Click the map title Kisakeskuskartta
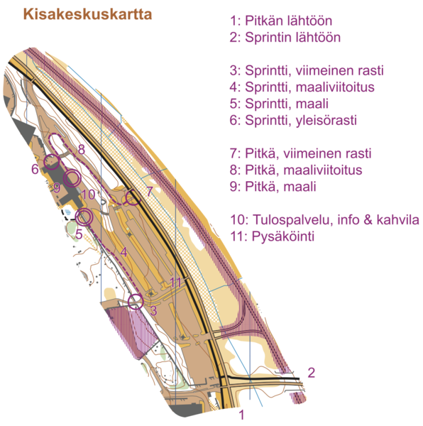tap(87, 14)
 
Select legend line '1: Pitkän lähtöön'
tap(281, 21)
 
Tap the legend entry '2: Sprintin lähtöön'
tap(285, 37)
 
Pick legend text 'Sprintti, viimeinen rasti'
tap(314, 70)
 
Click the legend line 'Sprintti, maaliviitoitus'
tap(309, 87)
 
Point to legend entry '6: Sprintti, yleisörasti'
tap(293, 120)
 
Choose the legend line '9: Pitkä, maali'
tap(273, 187)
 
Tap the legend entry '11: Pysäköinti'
tap(273, 236)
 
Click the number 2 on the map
tap(311, 373)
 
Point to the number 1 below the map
tap(241, 415)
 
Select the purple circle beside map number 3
tap(136, 301)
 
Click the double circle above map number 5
tap(84, 217)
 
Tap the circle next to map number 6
tap(52, 162)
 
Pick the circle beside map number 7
tap(133, 197)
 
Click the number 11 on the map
tap(175, 283)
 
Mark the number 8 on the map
tap(81, 149)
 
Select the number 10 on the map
tap(88, 195)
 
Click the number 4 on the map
tap(123, 252)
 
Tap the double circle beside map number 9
tap(72, 178)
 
